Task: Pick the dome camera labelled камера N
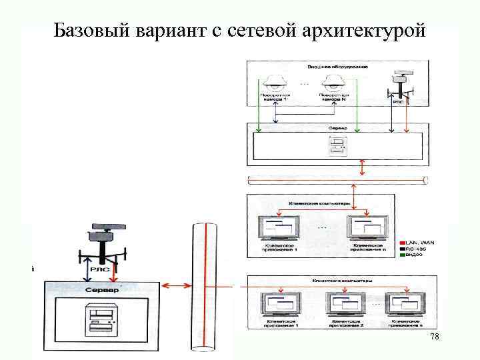point(333,83)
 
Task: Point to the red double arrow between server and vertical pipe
point(175,286)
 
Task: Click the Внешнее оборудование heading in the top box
point(337,67)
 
